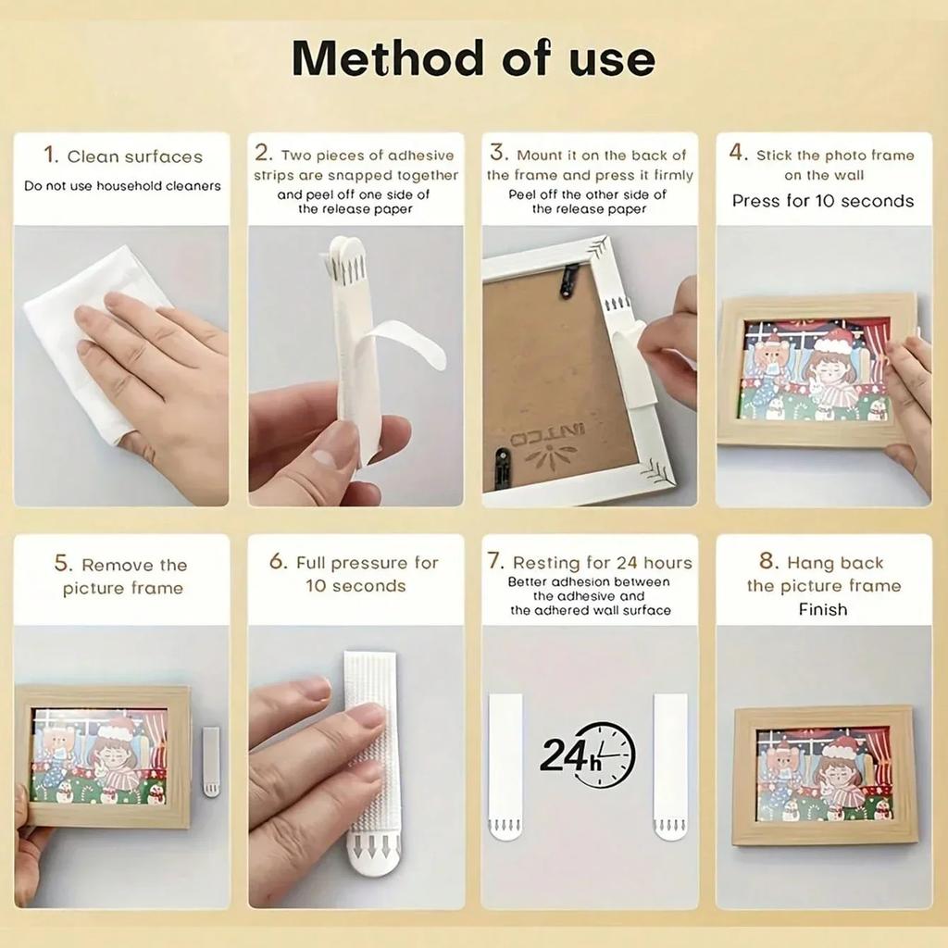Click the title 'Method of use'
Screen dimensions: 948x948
(473, 58)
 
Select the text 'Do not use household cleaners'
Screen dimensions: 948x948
(122, 186)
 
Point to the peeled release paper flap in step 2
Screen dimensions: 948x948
(407, 343)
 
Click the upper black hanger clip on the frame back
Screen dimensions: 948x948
(568, 281)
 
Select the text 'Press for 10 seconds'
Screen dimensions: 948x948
(822, 201)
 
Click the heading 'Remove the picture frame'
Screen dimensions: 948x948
(121, 576)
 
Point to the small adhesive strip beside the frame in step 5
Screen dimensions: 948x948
(211, 761)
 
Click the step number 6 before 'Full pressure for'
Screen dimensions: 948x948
(278, 562)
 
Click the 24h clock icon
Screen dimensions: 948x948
(589, 755)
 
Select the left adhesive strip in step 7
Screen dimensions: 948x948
(505, 767)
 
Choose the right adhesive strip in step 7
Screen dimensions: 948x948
(669, 767)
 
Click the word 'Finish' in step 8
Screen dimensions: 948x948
(822, 609)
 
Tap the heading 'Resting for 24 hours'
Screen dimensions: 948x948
(602, 562)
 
